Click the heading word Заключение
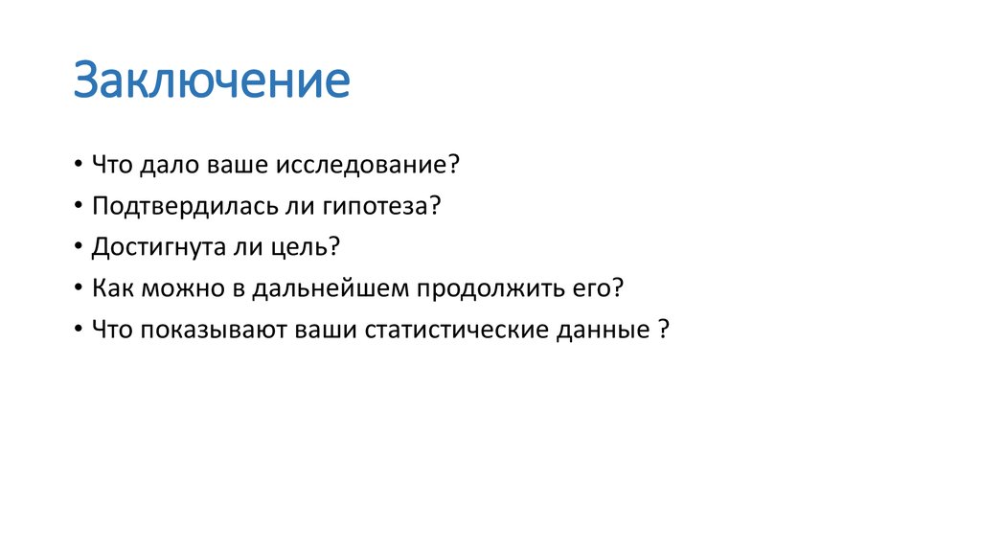point(212,81)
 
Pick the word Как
point(111,287)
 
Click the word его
point(598,288)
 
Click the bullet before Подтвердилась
point(77,206)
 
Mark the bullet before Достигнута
point(77,247)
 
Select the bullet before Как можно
point(77,288)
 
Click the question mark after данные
point(663,330)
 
